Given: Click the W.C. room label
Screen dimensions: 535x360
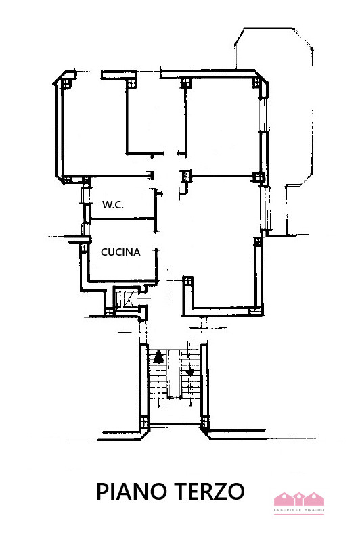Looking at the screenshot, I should click(112, 205).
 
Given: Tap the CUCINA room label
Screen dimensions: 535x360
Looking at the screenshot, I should click(120, 252).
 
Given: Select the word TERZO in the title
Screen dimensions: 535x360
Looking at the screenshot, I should click(211, 491).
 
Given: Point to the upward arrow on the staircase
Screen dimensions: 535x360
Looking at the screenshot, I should click(158, 357).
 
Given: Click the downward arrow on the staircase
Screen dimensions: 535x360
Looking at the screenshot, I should click(191, 371).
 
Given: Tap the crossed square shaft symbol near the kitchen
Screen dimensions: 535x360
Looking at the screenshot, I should click(125, 298).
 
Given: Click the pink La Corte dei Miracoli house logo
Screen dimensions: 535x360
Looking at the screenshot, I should click(298, 499).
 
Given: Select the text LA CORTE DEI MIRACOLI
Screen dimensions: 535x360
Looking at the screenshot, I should click(298, 510).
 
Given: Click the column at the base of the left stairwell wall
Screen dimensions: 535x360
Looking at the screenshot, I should click(143, 425).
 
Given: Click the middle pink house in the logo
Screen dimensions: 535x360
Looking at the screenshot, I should click(298, 499).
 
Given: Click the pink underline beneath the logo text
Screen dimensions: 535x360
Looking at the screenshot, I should click(298, 515).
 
